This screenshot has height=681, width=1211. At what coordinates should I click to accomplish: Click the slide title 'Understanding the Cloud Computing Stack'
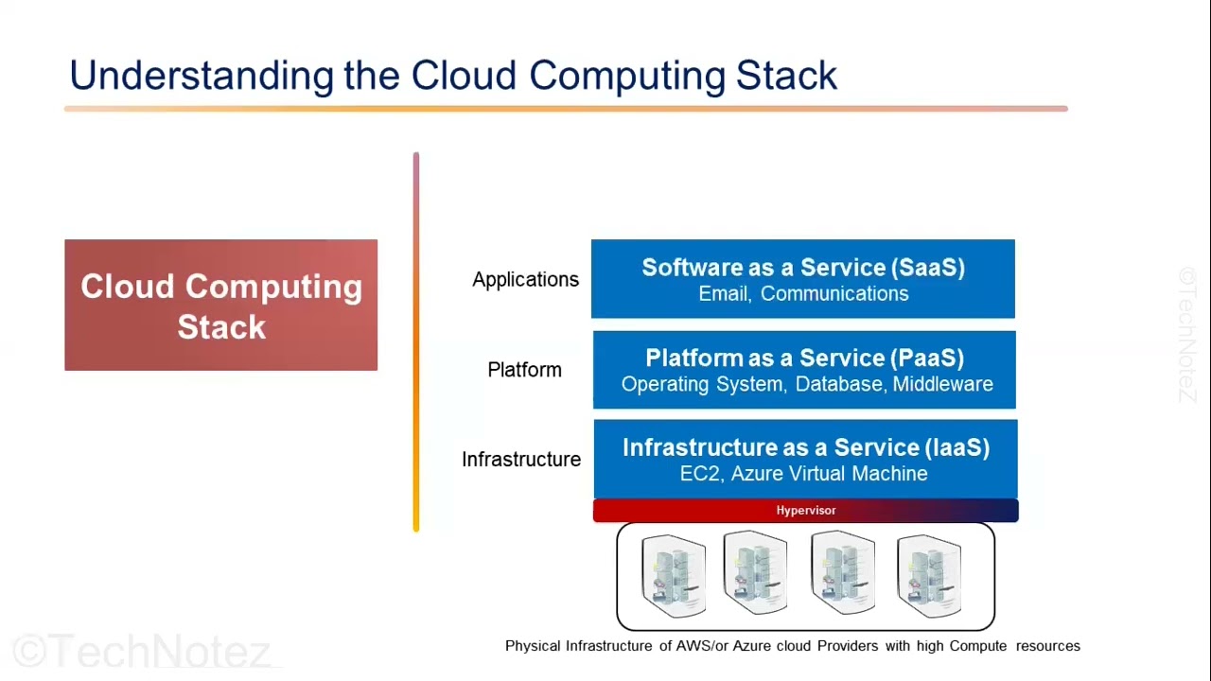(x=453, y=76)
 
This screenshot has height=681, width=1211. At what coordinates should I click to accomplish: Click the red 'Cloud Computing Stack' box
(x=220, y=306)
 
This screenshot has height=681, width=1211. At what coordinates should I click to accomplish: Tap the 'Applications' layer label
(x=525, y=280)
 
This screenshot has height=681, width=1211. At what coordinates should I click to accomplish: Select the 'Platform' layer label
(x=524, y=370)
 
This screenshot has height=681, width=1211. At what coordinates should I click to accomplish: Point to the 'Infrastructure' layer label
(x=521, y=460)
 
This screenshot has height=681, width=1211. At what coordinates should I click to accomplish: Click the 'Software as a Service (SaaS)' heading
(x=803, y=268)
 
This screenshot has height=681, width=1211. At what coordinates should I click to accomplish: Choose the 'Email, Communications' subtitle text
(x=803, y=294)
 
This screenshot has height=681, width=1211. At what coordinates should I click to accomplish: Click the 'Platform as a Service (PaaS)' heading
(x=804, y=358)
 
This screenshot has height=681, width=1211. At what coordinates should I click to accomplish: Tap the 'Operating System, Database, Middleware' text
(x=807, y=384)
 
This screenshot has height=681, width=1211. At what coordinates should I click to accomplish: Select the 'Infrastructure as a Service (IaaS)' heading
(x=806, y=447)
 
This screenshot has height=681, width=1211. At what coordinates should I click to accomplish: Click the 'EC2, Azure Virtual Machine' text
(x=803, y=474)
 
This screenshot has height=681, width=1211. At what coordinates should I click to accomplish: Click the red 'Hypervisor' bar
(x=805, y=511)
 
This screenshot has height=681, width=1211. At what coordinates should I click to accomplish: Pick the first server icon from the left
(x=673, y=575)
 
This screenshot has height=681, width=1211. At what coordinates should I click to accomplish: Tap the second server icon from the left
(x=755, y=573)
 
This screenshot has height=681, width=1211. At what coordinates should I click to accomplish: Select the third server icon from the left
(x=842, y=573)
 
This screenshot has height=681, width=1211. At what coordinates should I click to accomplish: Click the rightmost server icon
(x=928, y=575)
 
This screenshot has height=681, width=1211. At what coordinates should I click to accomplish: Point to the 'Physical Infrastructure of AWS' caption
(x=792, y=646)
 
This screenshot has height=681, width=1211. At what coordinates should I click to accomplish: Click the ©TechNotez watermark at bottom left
(x=142, y=652)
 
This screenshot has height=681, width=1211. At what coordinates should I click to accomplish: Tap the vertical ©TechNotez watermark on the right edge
(x=1188, y=336)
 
